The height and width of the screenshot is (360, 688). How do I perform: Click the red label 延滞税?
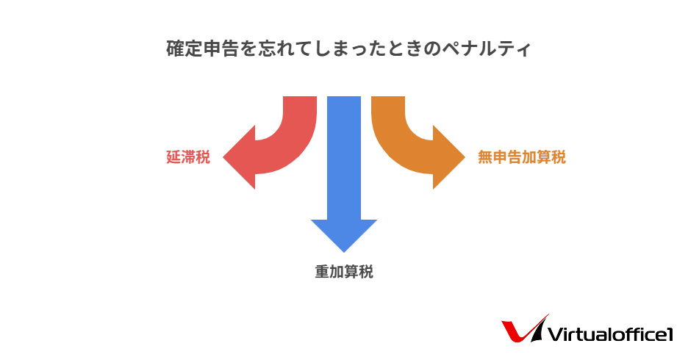(x=188, y=157)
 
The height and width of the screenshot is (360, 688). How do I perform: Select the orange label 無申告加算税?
(x=522, y=157)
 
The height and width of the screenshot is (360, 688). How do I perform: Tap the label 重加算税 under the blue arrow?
(x=344, y=272)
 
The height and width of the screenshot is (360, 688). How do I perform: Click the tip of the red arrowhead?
(x=223, y=157)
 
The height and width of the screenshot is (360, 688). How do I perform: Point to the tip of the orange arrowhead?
(x=465, y=157)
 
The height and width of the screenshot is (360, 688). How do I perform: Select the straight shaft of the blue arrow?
(x=344, y=158)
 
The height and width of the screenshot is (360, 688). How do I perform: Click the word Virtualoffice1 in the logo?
(x=610, y=334)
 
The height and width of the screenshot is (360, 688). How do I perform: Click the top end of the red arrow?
(x=300, y=97)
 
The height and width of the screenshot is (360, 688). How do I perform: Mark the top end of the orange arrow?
(x=388, y=97)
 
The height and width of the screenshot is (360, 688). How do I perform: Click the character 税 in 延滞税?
(x=203, y=157)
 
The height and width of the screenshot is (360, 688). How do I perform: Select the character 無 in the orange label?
(x=485, y=157)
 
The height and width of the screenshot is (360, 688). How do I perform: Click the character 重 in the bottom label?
(x=322, y=272)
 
